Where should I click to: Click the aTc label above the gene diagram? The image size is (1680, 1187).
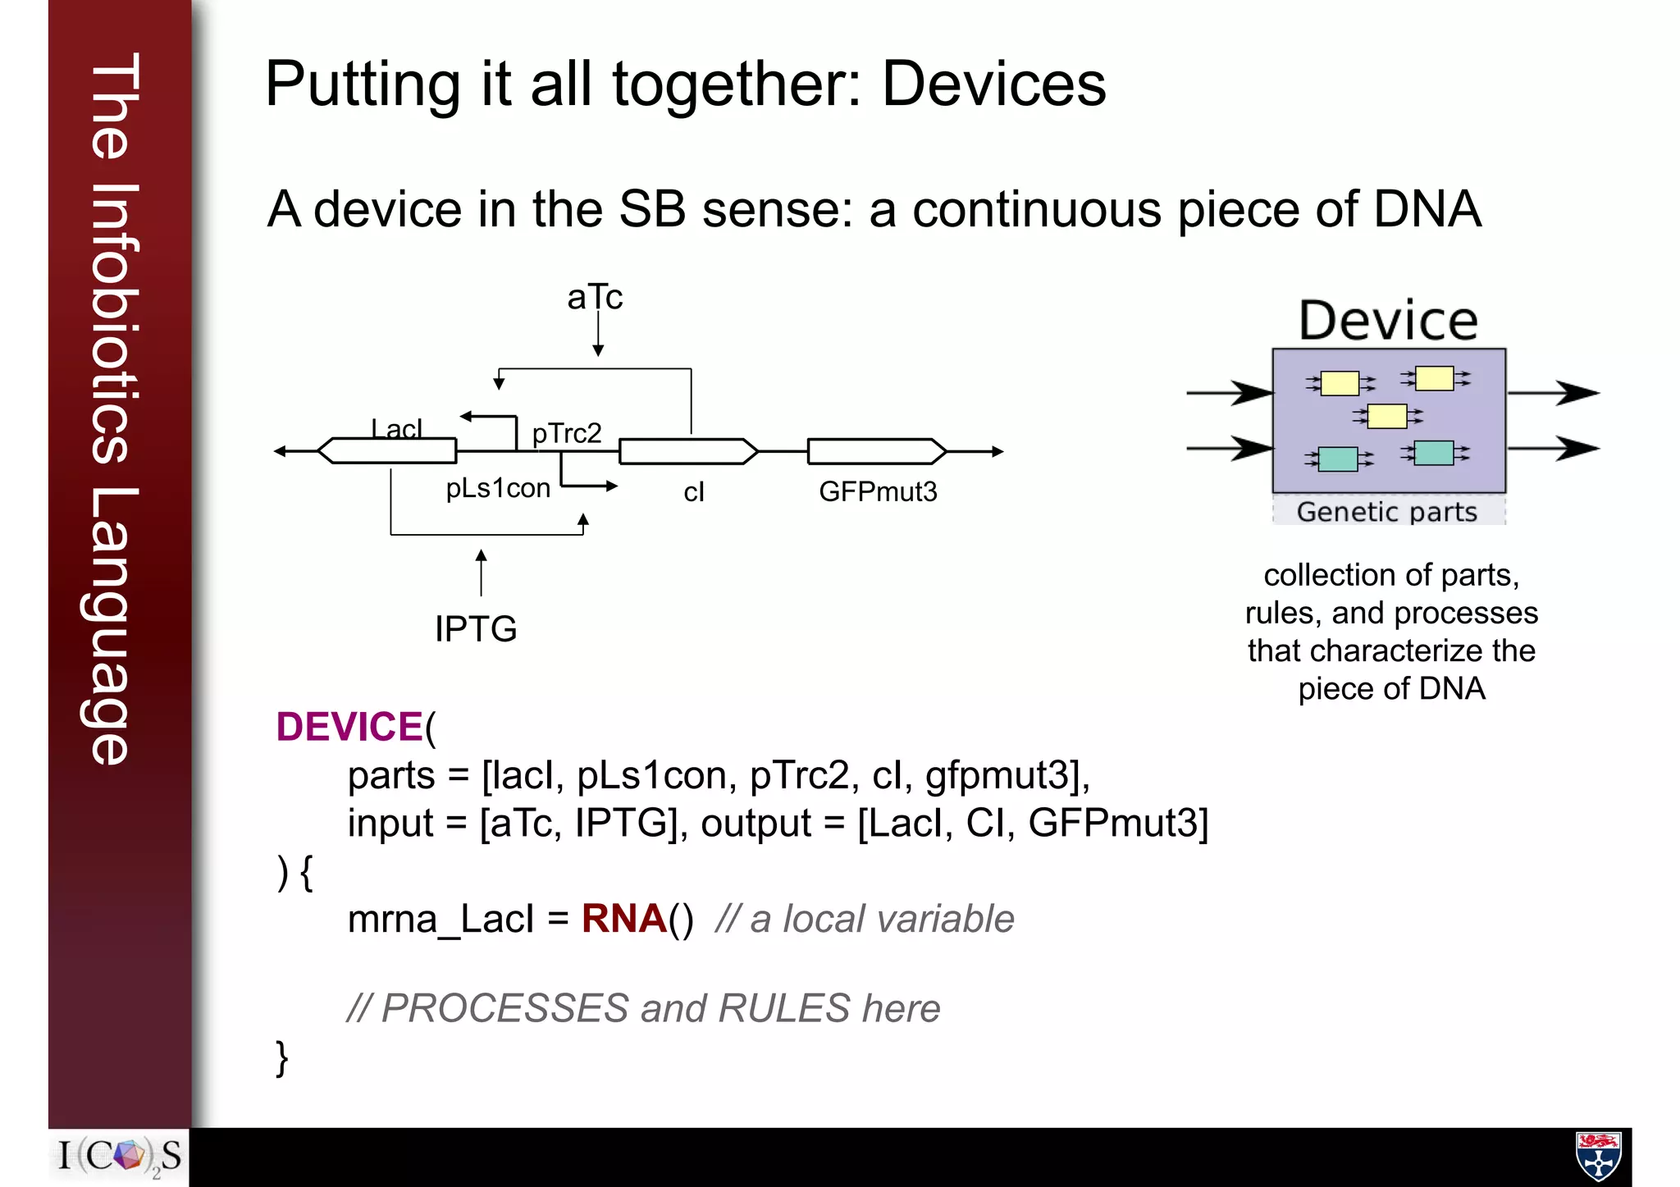595,297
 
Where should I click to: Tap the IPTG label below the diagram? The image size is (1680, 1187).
476,629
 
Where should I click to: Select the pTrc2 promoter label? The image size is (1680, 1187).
567,433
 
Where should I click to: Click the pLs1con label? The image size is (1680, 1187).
498,488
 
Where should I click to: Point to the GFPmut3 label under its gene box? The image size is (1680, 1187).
878,491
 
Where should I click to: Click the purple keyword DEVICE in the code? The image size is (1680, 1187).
349,727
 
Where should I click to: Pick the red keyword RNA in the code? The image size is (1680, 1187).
623,919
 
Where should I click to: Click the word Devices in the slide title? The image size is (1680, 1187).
993,84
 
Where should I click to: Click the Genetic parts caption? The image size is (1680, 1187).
1387,512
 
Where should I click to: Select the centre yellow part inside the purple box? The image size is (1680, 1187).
1387,416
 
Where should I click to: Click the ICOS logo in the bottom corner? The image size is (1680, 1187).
120,1157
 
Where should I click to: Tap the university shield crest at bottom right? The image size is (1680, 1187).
1598,1156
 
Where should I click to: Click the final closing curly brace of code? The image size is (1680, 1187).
281,1058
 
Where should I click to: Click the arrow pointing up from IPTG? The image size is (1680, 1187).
482,572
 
